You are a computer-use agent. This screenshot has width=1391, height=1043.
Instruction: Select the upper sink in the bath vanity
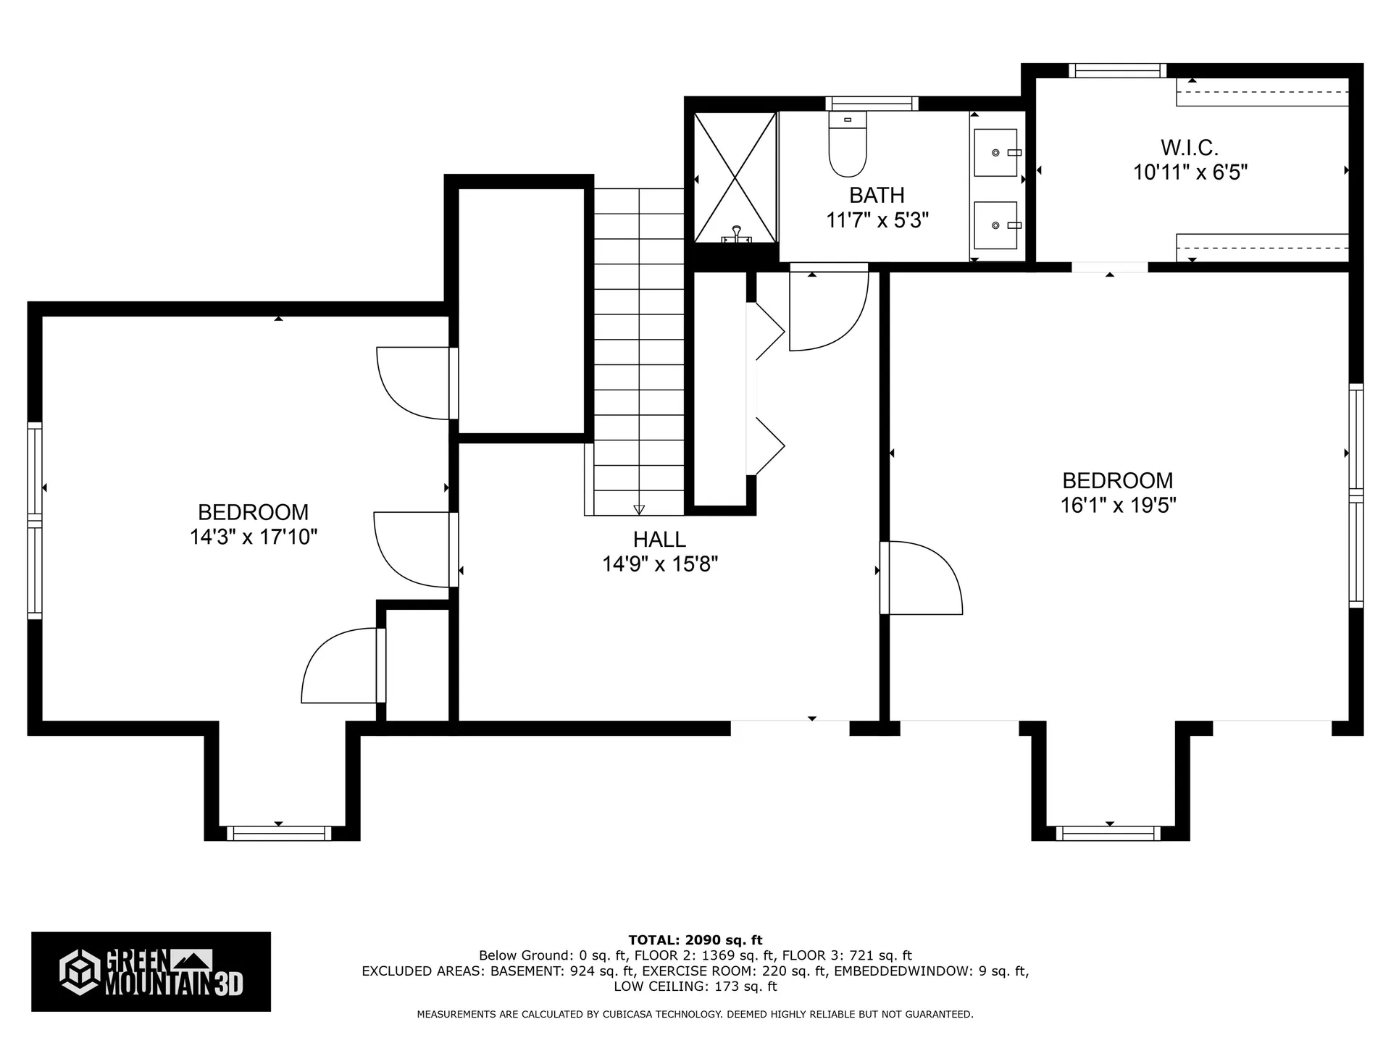pyautogui.click(x=996, y=153)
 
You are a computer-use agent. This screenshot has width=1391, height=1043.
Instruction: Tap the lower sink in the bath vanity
pyautogui.click(x=996, y=225)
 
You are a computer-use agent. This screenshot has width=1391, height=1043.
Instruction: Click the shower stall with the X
pyautogui.click(x=735, y=177)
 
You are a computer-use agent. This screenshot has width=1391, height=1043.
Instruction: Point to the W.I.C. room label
pyautogui.click(x=1190, y=148)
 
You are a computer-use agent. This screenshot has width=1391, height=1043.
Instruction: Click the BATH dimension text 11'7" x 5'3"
pyautogui.click(x=877, y=220)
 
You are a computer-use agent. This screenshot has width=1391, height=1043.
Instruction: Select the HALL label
pyautogui.click(x=659, y=540)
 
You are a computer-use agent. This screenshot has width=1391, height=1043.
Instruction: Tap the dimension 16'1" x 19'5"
pyautogui.click(x=1118, y=506)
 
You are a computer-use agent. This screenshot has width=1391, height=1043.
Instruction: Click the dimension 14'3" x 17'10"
pyautogui.click(x=254, y=537)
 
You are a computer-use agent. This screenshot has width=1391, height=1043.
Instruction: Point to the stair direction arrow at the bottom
pyautogui.click(x=638, y=509)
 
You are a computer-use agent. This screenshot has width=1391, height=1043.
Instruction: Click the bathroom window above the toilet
pyautogui.click(x=872, y=104)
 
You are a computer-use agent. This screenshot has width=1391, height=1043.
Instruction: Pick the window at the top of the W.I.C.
pyautogui.click(x=1117, y=70)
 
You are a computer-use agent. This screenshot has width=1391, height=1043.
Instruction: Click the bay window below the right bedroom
pyautogui.click(x=1108, y=834)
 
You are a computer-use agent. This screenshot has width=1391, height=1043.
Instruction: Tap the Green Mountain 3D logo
pyautogui.click(x=151, y=971)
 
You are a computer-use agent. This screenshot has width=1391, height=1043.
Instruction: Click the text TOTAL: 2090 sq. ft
pyautogui.click(x=695, y=940)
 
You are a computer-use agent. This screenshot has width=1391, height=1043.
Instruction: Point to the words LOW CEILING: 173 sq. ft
pyautogui.click(x=695, y=987)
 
